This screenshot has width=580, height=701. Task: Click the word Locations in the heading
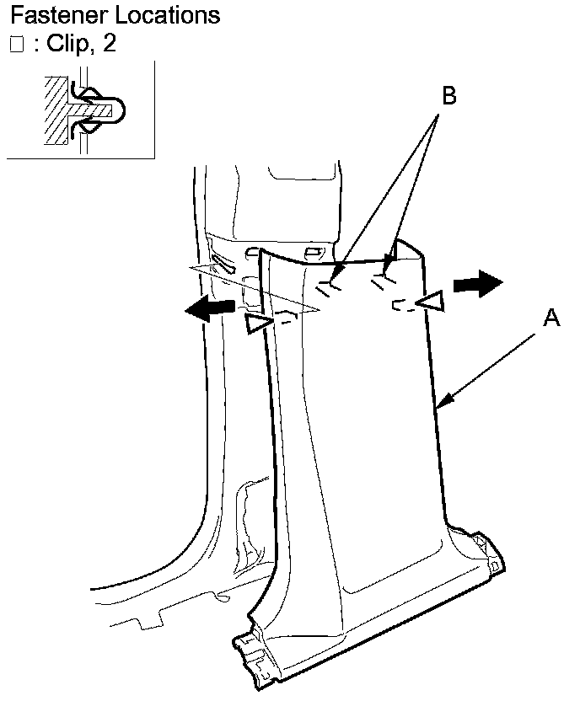(x=167, y=15)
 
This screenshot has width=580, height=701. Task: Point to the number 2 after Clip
(x=109, y=45)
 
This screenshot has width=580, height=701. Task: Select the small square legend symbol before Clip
(x=16, y=45)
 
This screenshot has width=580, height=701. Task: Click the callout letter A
(x=551, y=318)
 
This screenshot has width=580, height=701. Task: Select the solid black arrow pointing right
(x=477, y=285)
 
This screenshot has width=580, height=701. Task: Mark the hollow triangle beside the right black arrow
(x=432, y=302)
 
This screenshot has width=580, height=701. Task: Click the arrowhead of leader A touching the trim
(x=445, y=405)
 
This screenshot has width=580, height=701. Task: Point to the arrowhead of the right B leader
(x=391, y=257)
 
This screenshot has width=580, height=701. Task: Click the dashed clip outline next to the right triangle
(x=404, y=305)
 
